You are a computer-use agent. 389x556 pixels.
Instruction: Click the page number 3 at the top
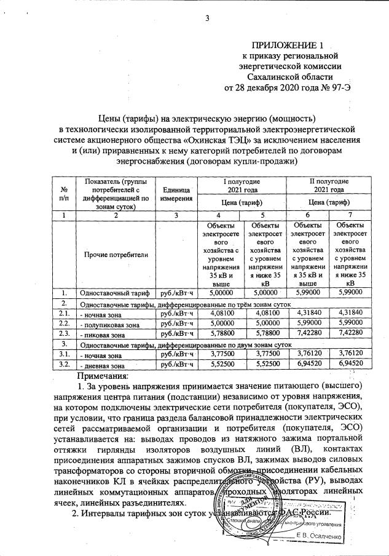click(x=208, y=18)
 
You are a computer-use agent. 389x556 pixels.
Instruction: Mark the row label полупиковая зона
click(x=108, y=323)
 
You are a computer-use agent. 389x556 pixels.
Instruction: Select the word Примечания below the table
click(x=102, y=376)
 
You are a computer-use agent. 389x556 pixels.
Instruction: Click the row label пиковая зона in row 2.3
click(x=101, y=333)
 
